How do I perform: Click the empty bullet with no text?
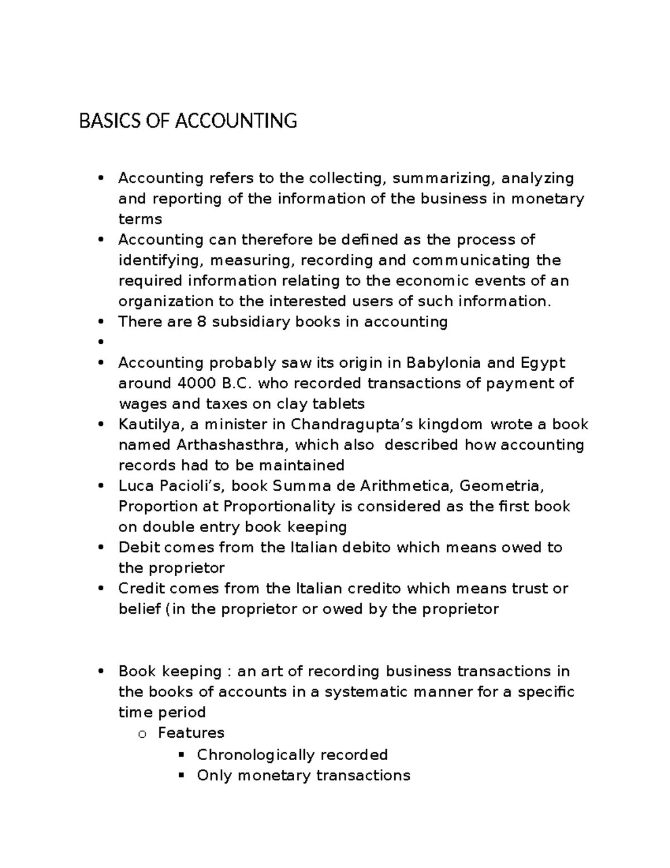100,343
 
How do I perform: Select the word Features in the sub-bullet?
191,733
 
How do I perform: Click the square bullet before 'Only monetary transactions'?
180,776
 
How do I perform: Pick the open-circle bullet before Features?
141,734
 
